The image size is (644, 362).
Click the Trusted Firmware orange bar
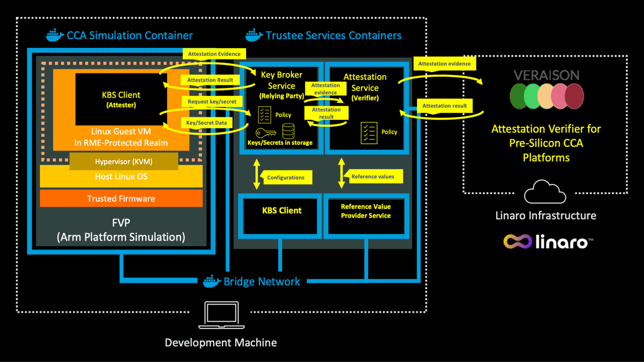coord(121,199)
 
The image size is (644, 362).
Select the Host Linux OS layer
coord(121,177)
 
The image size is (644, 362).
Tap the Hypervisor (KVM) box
coord(124,162)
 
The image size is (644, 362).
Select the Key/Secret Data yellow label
coord(206,123)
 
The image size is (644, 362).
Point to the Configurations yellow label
coord(285,177)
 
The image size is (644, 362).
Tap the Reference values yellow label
coord(373,176)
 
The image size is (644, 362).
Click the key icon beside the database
coord(265,132)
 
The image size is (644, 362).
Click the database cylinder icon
coord(288,132)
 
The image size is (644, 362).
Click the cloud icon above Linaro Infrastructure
coord(545,193)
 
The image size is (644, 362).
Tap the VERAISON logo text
coord(546,75)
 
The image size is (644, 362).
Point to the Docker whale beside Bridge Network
coord(212,281)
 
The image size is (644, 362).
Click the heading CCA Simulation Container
coord(129,36)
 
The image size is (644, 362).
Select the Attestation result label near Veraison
coord(444,106)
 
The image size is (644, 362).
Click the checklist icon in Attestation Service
coord(369,133)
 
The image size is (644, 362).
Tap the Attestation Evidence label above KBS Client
coord(214,54)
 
